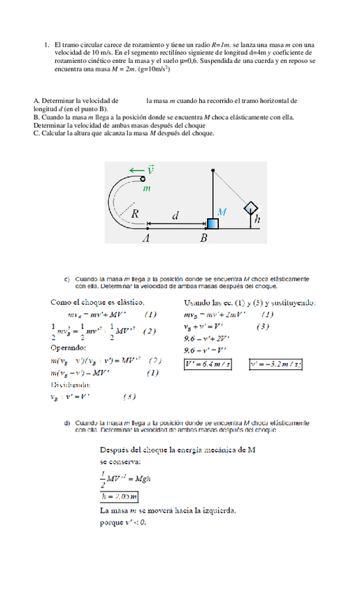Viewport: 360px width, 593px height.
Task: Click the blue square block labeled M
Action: click(212, 223)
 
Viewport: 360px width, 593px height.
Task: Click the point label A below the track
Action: click(146, 238)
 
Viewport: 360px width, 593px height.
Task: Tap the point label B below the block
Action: click(204, 238)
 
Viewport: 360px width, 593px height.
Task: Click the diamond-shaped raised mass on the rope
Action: click(250, 208)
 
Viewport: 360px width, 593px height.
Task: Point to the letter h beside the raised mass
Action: click(258, 219)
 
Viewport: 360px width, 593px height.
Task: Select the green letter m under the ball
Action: click(147, 188)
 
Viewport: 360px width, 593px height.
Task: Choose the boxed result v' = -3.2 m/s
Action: click(276, 364)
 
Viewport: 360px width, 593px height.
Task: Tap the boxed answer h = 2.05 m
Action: click(119, 497)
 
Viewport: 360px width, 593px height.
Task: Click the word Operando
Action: click(69, 348)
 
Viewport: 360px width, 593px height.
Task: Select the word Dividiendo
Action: click(70, 385)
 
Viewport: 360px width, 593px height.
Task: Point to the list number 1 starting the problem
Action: click(46, 44)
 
